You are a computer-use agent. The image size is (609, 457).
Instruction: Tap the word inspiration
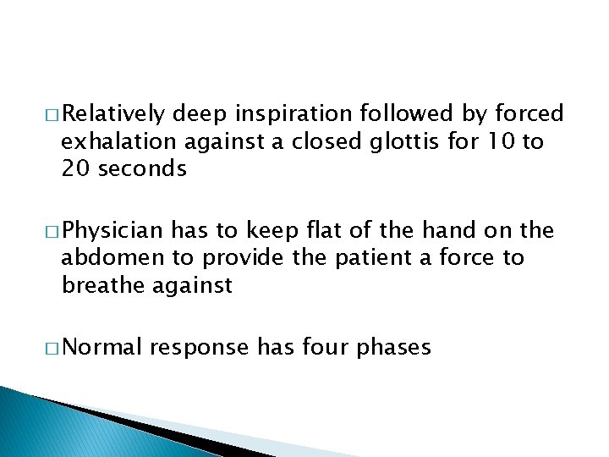[x=283, y=114]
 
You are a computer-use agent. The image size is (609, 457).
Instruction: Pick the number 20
[x=74, y=168]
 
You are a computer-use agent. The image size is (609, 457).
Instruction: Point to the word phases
[x=402, y=347]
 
